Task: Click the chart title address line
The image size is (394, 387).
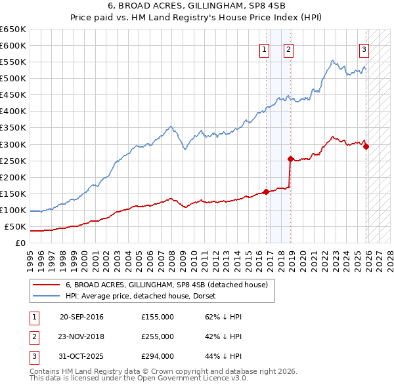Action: click(x=197, y=5)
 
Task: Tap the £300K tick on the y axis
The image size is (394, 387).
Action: click(x=13, y=144)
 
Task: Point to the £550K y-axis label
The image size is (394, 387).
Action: click(x=13, y=62)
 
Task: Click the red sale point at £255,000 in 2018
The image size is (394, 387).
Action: click(x=290, y=159)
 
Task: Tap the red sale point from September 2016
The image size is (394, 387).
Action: click(x=267, y=192)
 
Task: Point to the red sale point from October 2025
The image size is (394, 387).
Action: click(x=366, y=146)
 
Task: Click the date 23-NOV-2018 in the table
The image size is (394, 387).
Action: click(x=81, y=336)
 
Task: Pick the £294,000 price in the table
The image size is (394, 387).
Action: click(x=158, y=356)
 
